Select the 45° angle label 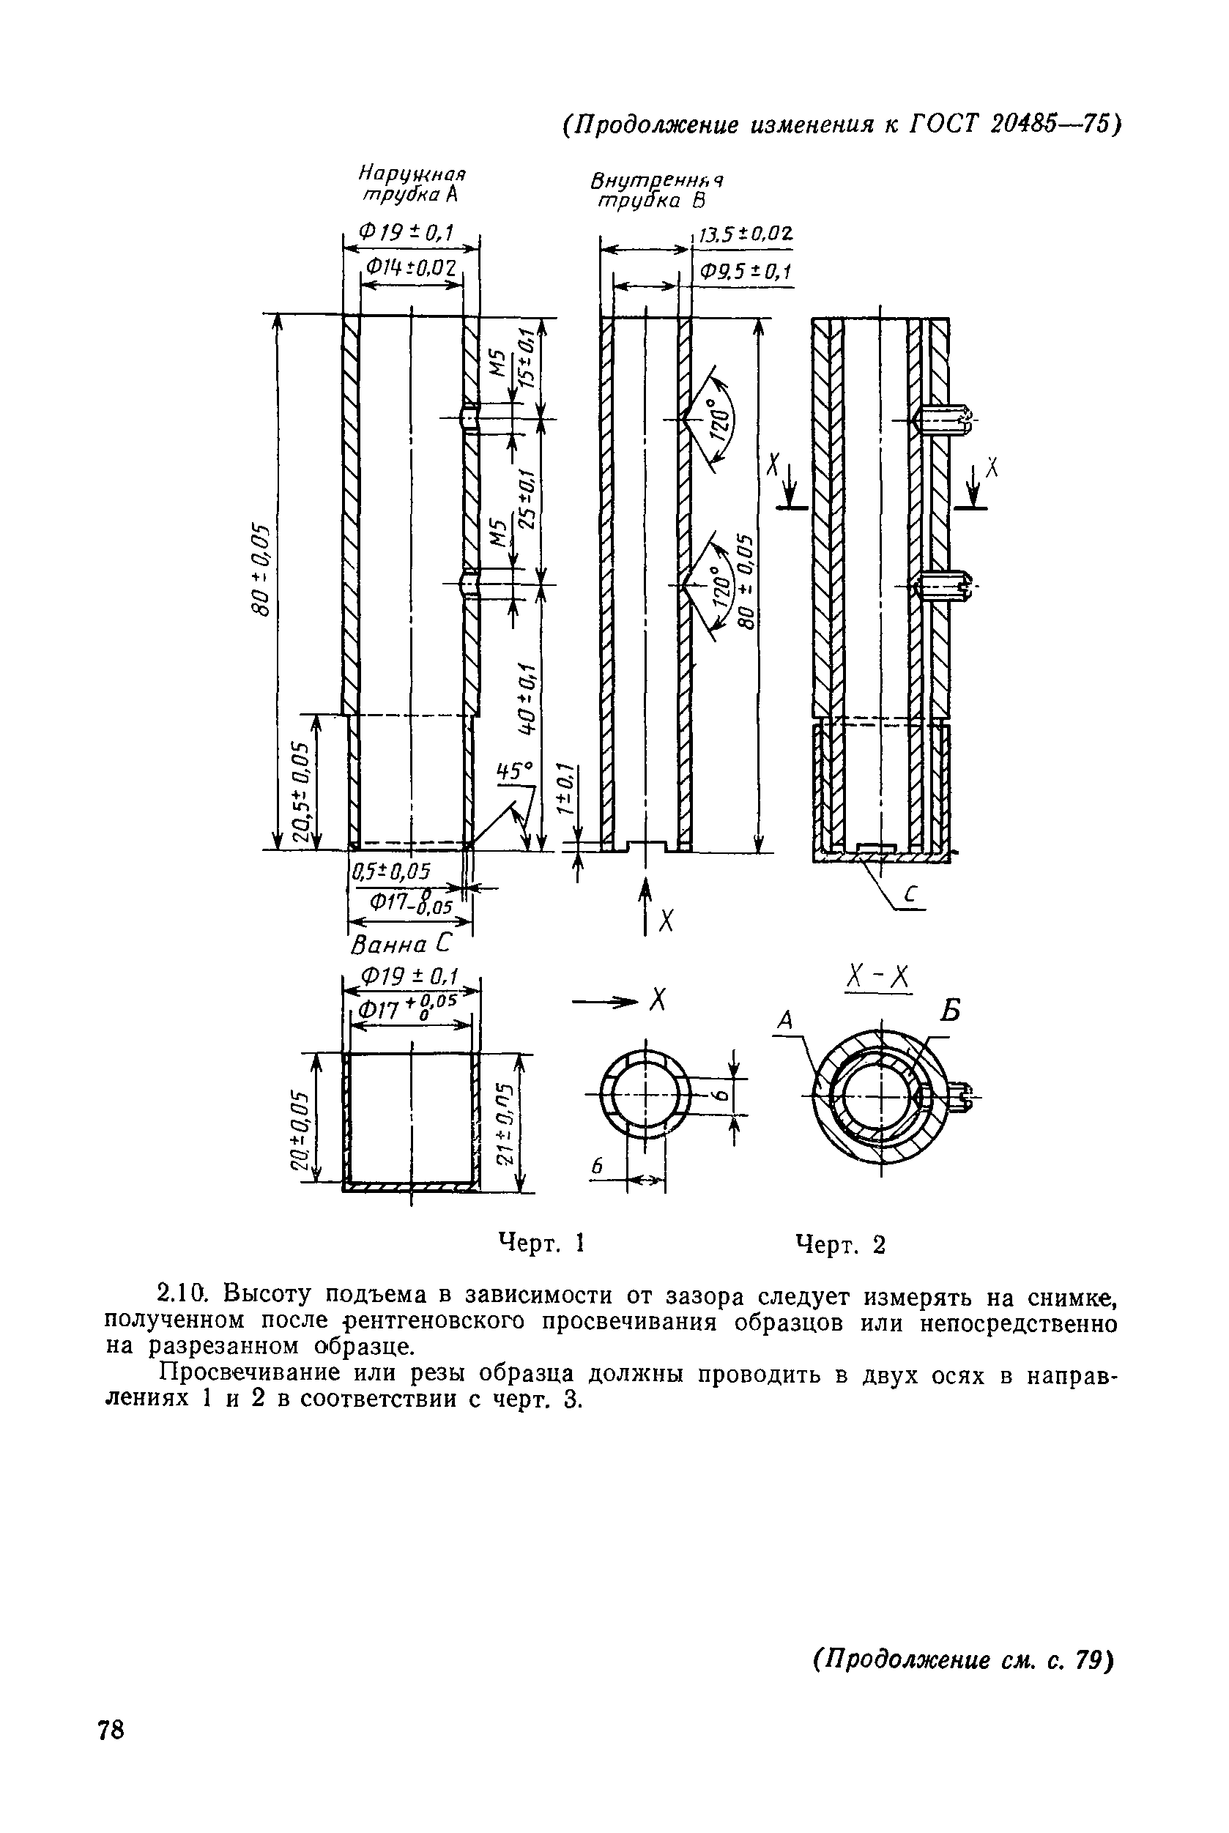513,773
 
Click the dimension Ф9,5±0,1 745,271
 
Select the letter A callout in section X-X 784,1019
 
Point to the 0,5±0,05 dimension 391,871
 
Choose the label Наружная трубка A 412,183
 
